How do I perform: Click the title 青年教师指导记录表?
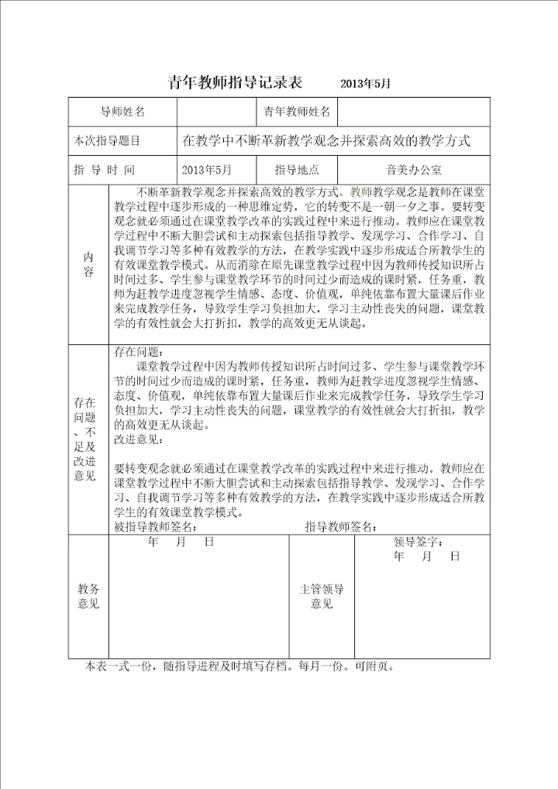235,83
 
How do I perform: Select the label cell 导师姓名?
123,112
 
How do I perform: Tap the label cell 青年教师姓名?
297,112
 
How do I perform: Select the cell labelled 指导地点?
297,170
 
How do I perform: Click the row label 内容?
88,264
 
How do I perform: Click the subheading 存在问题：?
136,353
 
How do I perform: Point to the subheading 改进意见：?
137,440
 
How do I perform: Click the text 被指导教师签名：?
157,527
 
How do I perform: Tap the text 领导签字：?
418,542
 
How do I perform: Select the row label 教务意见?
88,597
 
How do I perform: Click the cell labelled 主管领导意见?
322,597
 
